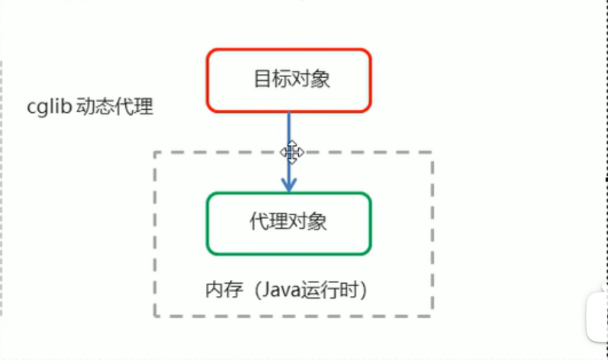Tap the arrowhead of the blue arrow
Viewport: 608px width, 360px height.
(288, 185)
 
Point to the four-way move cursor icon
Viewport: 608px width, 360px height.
(291, 152)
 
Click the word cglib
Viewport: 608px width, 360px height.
(48, 107)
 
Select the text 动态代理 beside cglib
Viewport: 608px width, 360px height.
(115, 107)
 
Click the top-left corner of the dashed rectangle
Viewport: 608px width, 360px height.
(155, 153)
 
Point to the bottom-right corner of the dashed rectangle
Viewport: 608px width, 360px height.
(432, 315)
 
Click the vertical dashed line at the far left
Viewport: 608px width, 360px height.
(2, 191)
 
